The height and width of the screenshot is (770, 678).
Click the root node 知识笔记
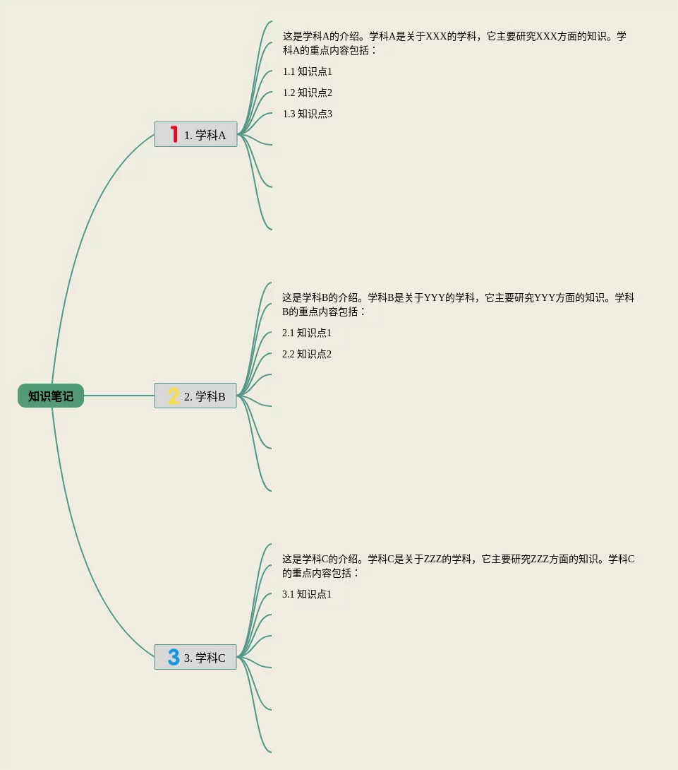coord(51,396)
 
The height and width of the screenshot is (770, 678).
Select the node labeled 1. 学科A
coord(205,135)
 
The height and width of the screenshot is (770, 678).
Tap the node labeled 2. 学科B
coord(205,396)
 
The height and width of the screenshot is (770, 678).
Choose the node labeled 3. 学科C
coord(205,658)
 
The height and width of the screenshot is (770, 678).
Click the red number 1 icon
coord(174,134)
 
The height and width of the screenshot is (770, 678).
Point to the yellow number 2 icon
coord(174,396)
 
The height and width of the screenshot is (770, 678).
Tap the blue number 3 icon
coord(174,657)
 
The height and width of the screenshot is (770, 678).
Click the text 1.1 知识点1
coord(307,71)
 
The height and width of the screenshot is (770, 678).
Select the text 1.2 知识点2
coord(307,93)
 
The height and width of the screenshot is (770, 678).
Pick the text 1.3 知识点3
coord(307,114)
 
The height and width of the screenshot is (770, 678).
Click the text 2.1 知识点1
coord(306,333)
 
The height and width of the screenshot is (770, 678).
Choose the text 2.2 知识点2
coord(306,354)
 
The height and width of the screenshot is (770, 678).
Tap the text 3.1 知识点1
coord(306,594)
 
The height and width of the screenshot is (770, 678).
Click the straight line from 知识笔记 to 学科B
coord(119,396)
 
